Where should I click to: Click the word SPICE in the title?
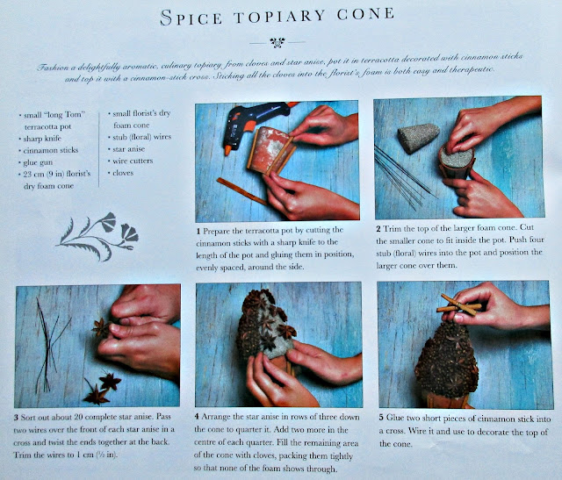tap(191, 18)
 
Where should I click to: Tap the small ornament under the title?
tap(277, 43)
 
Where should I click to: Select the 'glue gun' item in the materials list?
tap(38, 162)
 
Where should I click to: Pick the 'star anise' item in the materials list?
tap(129, 149)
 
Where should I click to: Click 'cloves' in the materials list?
tap(123, 173)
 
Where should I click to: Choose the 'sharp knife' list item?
tap(42, 139)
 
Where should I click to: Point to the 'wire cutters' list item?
tap(133, 161)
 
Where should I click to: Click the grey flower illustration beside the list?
tap(97, 236)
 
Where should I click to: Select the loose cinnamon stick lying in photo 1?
tap(242, 191)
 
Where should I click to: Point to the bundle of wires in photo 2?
tap(404, 176)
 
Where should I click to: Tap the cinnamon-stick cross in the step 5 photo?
tap(459, 305)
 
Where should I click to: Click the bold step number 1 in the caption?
tap(198, 231)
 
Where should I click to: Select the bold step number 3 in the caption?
tap(16, 418)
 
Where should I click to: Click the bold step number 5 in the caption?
tap(381, 418)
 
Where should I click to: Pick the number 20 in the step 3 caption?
tap(78, 417)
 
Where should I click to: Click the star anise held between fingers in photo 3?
tap(101, 328)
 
